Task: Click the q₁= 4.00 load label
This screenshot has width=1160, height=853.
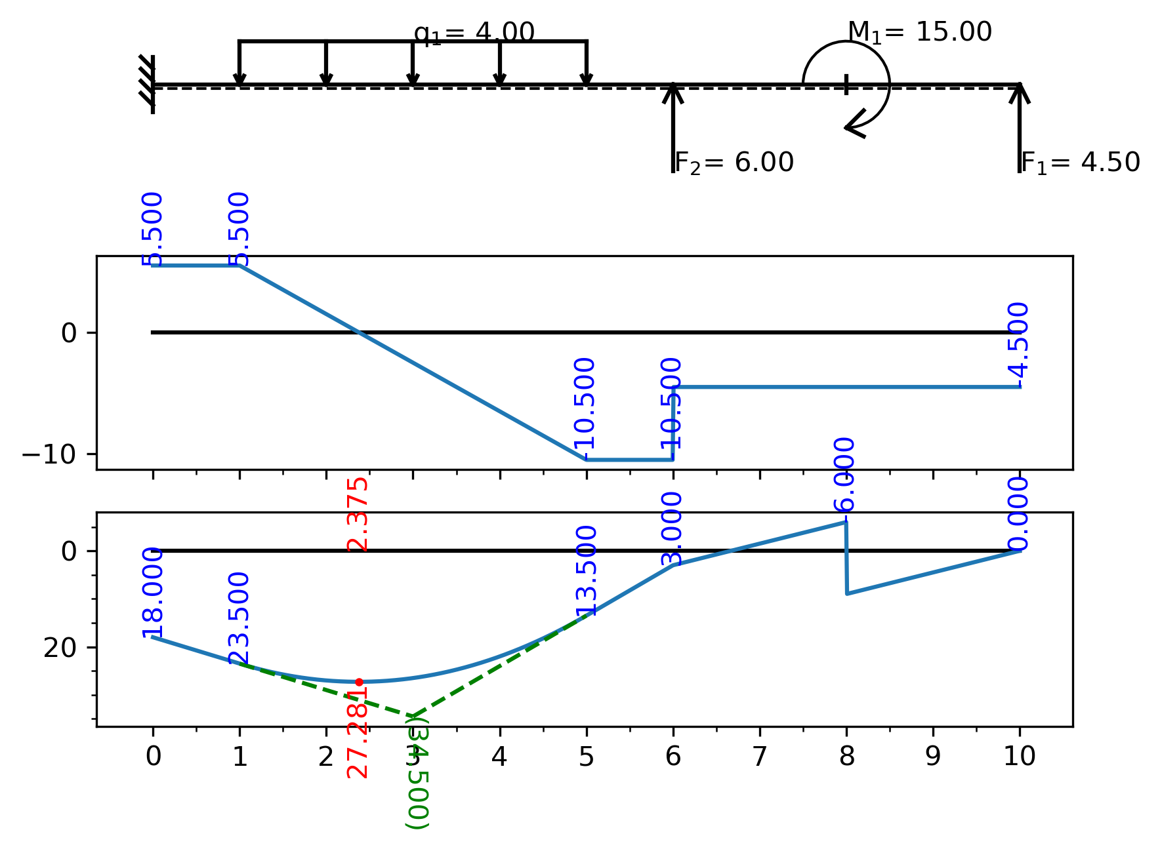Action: point(474,33)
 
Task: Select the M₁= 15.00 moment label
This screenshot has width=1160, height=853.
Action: point(919,31)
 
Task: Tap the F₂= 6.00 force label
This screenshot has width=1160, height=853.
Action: point(734,163)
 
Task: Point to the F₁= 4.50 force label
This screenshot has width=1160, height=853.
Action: point(1081,163)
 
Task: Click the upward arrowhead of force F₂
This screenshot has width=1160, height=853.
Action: point(673,93)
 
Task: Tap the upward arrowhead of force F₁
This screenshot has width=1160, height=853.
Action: point(1020,93)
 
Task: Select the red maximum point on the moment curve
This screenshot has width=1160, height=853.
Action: point(359,682)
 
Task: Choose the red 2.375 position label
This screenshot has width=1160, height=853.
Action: point(358,515)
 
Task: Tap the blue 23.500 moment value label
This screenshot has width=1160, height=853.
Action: point(239,618)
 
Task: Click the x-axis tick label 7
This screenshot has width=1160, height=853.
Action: point(760,757)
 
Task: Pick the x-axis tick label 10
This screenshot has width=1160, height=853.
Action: point(1020,757)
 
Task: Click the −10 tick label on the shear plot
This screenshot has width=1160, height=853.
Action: point(50,454)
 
